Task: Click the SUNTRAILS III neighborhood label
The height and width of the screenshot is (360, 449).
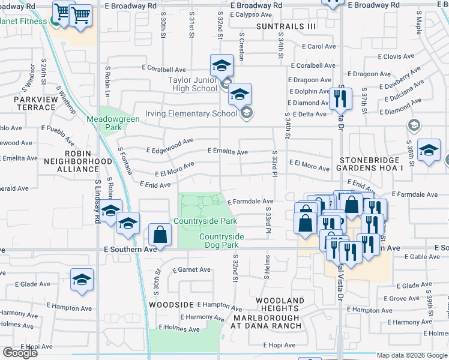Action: [x=286, y=26]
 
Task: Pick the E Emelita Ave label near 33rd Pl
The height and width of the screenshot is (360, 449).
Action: [x=228, y=152]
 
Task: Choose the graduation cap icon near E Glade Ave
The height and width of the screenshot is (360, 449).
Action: [x=82, y=279]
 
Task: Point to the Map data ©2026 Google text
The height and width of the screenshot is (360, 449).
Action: [x=412, y=355]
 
